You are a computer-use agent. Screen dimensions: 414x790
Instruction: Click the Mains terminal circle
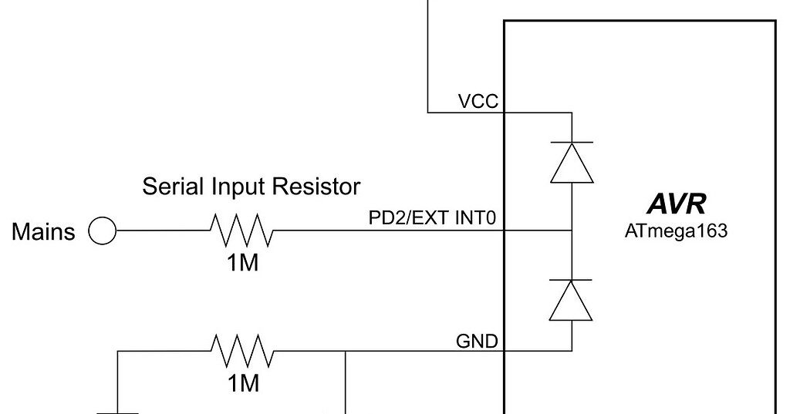click(102, 231)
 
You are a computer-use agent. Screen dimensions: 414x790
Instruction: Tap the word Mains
click(44, 231)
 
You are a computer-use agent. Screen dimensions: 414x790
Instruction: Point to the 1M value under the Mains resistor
click(242, 262)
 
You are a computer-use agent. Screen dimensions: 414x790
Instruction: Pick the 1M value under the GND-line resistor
click(242, 383)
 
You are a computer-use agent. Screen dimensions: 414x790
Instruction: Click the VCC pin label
click(478, 102)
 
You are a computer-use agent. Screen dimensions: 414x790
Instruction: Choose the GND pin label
click(478, 341)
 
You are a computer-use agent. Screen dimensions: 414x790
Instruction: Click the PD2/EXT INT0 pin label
click(436, 220)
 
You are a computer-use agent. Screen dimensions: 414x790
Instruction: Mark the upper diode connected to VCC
click(571, 162)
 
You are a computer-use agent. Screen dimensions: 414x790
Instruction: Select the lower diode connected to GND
click(571, 300)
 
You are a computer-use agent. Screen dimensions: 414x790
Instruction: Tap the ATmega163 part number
click(676, 231)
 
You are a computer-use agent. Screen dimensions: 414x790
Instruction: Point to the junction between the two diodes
click(571, 230)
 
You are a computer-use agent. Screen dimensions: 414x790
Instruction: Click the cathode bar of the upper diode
click(571, 143)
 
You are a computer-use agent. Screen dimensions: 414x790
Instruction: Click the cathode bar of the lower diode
click(571, 280)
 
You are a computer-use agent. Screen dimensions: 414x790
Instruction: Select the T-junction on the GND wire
click(345, 351)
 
